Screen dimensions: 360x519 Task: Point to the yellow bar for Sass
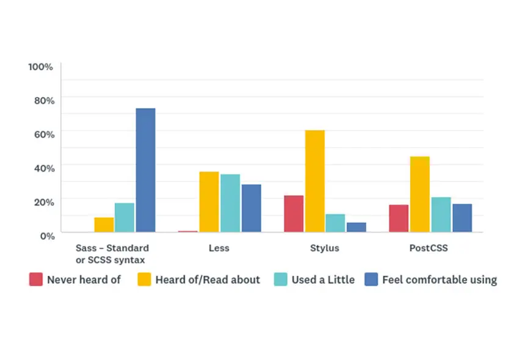(104, 225)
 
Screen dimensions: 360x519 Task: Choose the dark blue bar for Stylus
(356, 227)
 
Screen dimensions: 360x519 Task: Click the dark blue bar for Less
(251, 208)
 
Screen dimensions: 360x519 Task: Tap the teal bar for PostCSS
(441, 214)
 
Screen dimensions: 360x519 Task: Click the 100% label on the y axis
(41, 66)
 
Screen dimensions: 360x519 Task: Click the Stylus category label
(324, 248)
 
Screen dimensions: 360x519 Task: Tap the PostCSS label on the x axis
(429, 248)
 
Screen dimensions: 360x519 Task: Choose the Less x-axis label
(219, 248)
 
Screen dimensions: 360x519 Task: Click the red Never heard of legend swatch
(35, 280)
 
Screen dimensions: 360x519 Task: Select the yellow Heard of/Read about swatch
(144, 280)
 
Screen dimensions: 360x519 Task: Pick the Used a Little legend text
(322, 280)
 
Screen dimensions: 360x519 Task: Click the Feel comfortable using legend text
(439, 280)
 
